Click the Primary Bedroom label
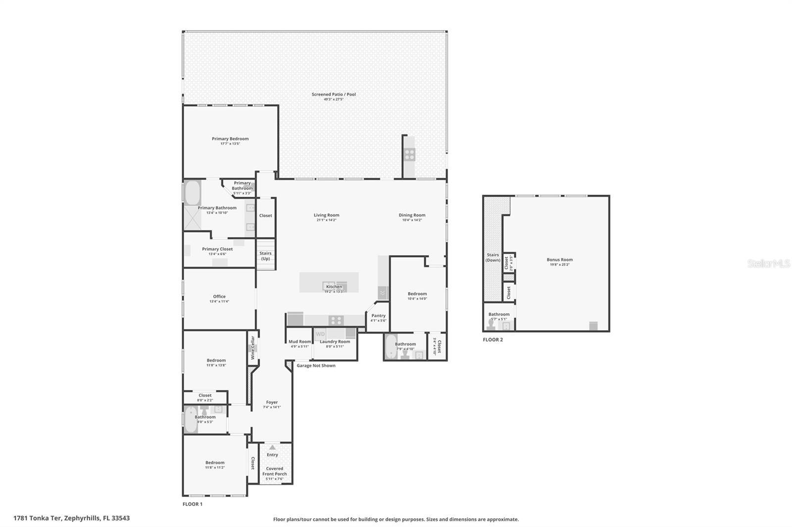(x=230, y=139)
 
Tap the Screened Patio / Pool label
(x=334, y=94)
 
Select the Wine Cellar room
(x=252, y=348)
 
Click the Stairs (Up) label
(x=266, y=256)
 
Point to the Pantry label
(x=378, y=316)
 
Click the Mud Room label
(x=299, y=342)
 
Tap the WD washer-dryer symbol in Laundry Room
(x=320, y=334)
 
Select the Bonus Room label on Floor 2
(x=559, y=260)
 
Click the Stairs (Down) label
(x=493, y=258)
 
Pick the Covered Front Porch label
(x=275, y=471)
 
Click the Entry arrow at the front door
(x=272, y=447)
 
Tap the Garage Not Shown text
(x=316, y=366)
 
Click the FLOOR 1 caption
(x=193, y=504)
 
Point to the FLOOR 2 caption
(x=493, y=340)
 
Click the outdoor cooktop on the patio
(x=409, y=154)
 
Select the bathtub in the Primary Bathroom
(x=192, y=193)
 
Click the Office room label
(x=219, y=297)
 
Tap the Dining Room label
(x=412, y=215)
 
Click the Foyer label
(x=272, y=402)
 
